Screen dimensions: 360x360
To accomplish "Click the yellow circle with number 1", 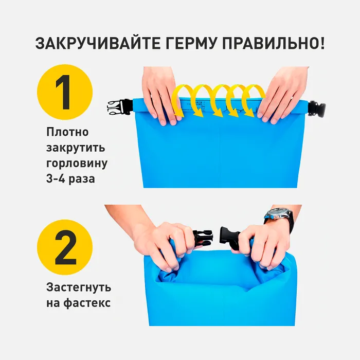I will (x=65, y=92).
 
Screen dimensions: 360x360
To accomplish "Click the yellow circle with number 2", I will (x=65, y=247).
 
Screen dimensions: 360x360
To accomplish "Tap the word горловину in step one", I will (x=76, y=164).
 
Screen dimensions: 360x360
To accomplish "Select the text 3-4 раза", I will (x=70, y=179).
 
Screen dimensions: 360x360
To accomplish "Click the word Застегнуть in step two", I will (x=79, y=287).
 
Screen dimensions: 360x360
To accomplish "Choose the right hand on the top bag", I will (x=282, y=93).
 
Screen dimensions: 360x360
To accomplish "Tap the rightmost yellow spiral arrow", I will (x=254, y=98).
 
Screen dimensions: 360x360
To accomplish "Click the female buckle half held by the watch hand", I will (x=231, y=238).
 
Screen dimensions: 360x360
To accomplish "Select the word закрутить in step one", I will (x=75, y=149).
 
